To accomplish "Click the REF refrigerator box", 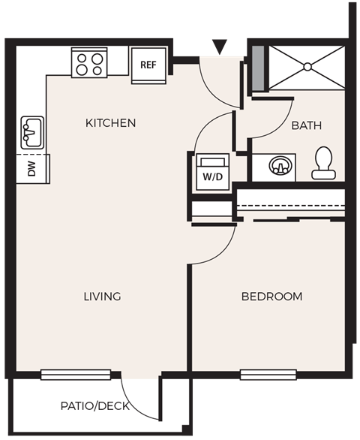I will click(148, 62).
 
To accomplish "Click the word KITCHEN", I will click(110, 122).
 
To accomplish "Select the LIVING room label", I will click(102, 297).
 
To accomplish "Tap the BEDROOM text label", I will click(271, 297).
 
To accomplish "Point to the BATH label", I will click(306, 126).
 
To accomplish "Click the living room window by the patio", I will click(75, 373).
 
